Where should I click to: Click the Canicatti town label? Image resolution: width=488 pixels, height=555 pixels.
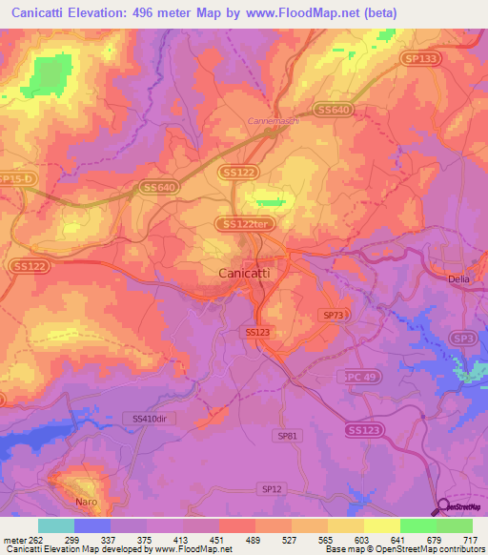237,273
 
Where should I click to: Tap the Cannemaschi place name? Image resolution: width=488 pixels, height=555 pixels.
274,121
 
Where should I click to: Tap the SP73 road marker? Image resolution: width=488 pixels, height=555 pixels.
332,314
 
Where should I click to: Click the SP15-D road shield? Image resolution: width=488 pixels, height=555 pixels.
16,179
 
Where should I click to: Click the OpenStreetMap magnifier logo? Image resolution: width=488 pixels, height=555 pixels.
445,506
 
